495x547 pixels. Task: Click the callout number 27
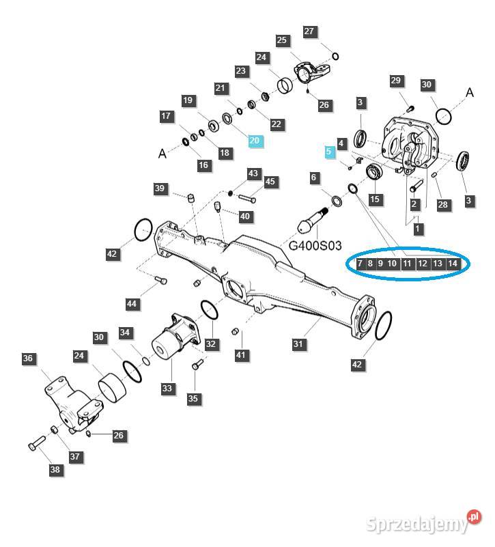tap(309, 31)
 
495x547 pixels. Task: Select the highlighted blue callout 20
tap(255, 141)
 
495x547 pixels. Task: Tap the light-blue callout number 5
tap(330, 152)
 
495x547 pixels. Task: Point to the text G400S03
tap(315, 244)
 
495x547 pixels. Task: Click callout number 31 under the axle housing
tap(298, 345)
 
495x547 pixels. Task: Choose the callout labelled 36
tap(28, 359)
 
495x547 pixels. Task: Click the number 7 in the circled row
tap(360, 264)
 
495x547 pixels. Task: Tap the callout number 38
tap(55, 469)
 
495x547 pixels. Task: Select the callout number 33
tap(167, 388)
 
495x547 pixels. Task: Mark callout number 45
tap(270, 182)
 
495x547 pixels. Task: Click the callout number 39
tap(160, 188)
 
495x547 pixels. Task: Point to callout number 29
tap(396, 81)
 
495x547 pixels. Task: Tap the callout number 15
tap(375, 199)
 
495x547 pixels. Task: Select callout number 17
tap(167, 116)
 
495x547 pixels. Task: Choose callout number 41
tap(240, 354)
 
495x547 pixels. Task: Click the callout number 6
tap(314, 178)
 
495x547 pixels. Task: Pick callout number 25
tap(282, 41)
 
